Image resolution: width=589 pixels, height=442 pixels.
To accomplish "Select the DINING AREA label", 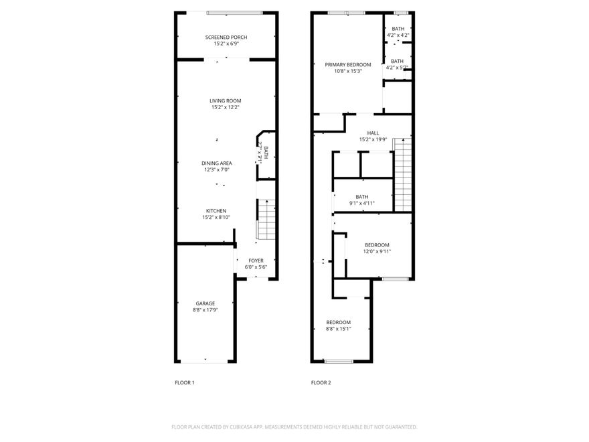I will point(217,163).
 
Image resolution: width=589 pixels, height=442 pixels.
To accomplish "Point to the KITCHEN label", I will point(216,210).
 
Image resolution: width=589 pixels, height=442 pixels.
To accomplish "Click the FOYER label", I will point(256,261).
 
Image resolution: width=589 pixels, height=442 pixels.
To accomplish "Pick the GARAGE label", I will point(205,303).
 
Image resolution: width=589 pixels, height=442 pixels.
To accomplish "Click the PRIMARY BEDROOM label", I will point(348,64).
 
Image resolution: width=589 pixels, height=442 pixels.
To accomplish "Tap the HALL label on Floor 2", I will point(373,133).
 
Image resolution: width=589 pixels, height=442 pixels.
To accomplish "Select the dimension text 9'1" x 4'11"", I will point(362,204).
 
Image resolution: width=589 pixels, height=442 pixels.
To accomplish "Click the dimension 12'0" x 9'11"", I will point(377,252).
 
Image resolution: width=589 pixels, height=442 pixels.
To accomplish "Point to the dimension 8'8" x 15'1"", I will point(338,329).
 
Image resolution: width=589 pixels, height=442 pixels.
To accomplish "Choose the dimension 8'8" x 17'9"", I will point(205,310).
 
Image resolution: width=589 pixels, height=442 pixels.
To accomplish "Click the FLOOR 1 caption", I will point(184,383).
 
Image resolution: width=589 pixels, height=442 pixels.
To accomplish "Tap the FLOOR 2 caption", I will point(321,383).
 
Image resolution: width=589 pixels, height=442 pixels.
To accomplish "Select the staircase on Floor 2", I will point(402,174).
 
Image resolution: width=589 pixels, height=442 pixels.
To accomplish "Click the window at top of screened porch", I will point(234,12).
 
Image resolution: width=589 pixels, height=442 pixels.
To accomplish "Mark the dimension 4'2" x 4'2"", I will point(398,35).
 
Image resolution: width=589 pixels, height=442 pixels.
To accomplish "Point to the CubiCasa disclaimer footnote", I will point(294,427).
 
